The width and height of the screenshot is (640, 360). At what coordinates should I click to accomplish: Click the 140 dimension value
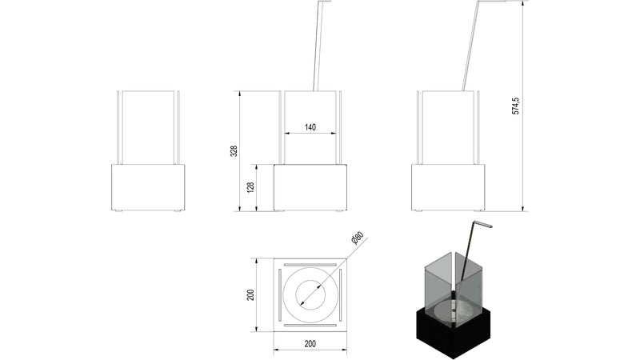click(310, 127)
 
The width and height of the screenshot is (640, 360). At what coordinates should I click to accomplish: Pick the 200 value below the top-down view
click(310, 343)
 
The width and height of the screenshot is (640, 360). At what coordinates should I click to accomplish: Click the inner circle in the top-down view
click(310, 294)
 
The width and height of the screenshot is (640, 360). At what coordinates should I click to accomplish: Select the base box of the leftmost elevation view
click(147, 187)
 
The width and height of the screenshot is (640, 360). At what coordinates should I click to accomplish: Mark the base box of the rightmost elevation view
click(448, 187)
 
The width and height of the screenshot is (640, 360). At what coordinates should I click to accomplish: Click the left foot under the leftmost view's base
click(118, 211)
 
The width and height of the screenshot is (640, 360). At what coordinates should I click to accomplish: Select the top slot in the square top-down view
click(310, 263)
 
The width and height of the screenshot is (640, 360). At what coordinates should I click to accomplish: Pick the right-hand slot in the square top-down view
click(341, 294)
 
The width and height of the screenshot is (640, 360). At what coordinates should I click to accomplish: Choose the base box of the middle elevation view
click(310, 187)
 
